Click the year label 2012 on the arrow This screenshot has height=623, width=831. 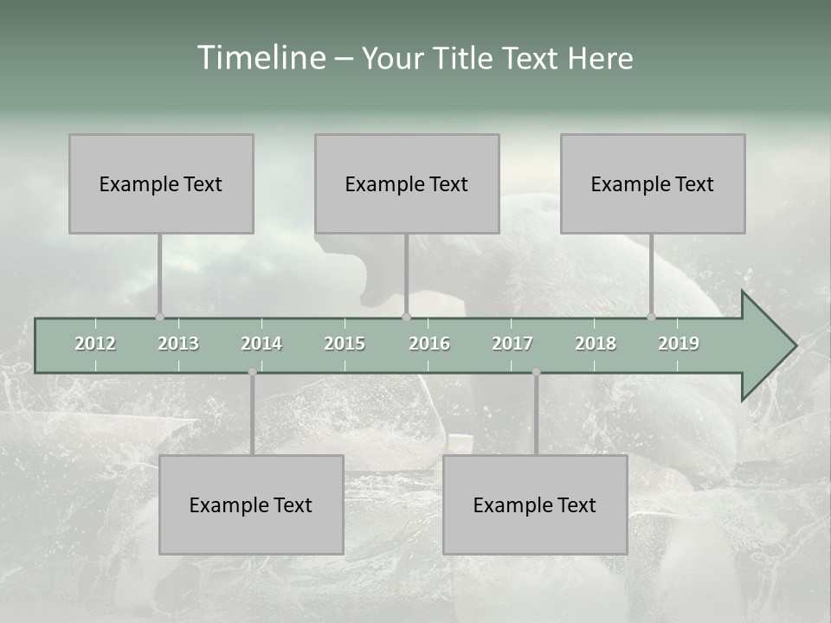coord(95,344)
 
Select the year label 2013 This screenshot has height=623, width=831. coord(178,344)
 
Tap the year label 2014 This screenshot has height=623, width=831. coord(261,344)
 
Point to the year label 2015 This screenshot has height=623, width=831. coord(345,344)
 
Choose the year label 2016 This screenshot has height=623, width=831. coord(429,344)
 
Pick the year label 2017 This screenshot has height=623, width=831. coord(512,344)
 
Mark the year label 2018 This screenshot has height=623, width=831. coord(596,344)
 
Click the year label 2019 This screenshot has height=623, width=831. coord(679,344)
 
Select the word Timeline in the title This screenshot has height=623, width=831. coord(260,58)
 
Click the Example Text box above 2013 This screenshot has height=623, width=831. coord(161,183)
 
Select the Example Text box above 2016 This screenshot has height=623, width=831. coord(407,183)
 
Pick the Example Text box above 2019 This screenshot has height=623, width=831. coord(653,183)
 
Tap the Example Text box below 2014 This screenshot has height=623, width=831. coord(251,504)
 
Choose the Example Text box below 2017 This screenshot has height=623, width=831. coord(535,504)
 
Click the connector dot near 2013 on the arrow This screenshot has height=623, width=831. coord(159,317)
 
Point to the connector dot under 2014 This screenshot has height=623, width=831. coord(252,372)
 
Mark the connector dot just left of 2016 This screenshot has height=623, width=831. coord(406,317)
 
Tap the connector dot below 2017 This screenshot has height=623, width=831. coord(536,372)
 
